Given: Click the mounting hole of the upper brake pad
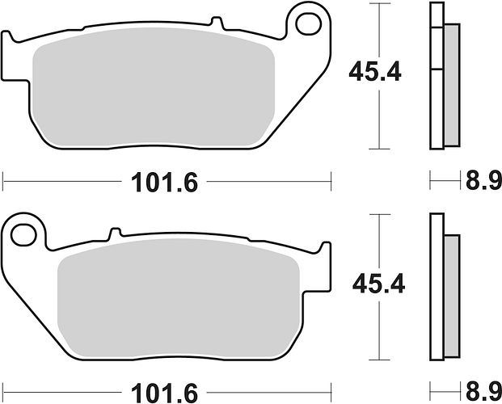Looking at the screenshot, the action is [x=309, y=23].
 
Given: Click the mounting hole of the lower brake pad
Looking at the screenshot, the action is [x=23, y=235].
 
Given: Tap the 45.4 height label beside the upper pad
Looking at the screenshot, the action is [x=374, y=72].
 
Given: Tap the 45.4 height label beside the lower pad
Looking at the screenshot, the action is [x=378, y=284].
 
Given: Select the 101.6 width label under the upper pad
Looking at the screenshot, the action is [x=164, y=183].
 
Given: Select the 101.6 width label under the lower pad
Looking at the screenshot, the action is [x=164, y=393].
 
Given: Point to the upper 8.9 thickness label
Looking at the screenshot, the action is [x=483, y=180].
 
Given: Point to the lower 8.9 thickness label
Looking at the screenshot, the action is [x=483, y=392].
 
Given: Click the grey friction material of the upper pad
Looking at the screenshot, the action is [x=154, y=86].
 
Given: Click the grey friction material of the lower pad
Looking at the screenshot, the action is [x=179, y=297].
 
